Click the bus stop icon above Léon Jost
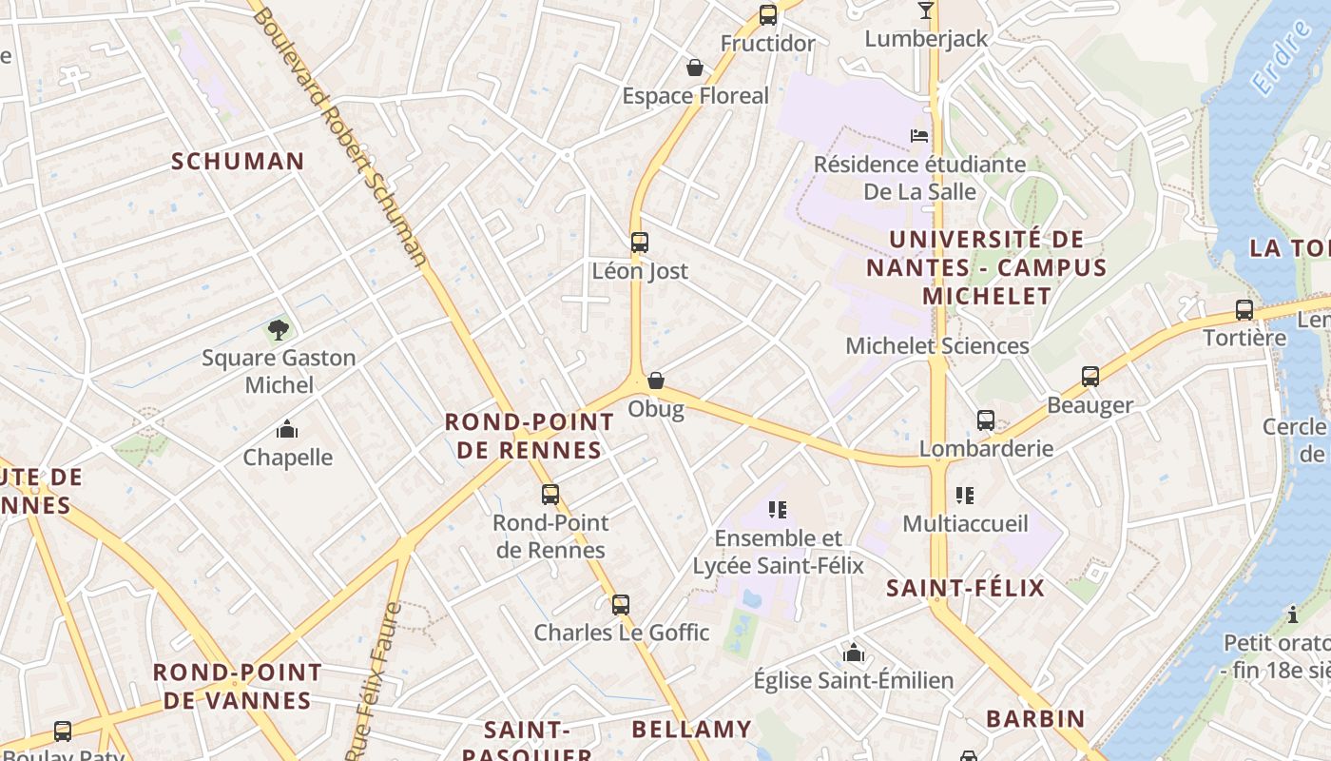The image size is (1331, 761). (x=640, y=243)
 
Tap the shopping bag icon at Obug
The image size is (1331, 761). (x=656, y=380)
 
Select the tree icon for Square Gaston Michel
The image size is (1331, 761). (x=279, y=330)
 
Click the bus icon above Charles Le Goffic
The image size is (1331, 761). (x=621, y=604)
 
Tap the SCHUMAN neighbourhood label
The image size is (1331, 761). (x=238, y=161)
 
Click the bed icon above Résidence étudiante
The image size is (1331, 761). (x=919, y=135)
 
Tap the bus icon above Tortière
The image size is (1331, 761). (x=1244, y=309)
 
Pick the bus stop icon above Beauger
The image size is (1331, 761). (x=1090, y=377)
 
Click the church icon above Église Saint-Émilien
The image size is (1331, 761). (x=854, y=653)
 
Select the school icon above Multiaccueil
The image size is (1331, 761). (x=965, y=496)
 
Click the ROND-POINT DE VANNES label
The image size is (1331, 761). (x=238, y=686)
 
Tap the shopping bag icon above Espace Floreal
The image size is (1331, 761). (x=695, y=68)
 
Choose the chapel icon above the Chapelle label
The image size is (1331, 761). (x=287, y=430)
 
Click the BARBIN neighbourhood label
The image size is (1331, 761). (x=1035, y=718)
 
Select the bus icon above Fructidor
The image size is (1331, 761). (x=768, y=15)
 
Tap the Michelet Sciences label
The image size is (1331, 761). (x=937, y=345)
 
